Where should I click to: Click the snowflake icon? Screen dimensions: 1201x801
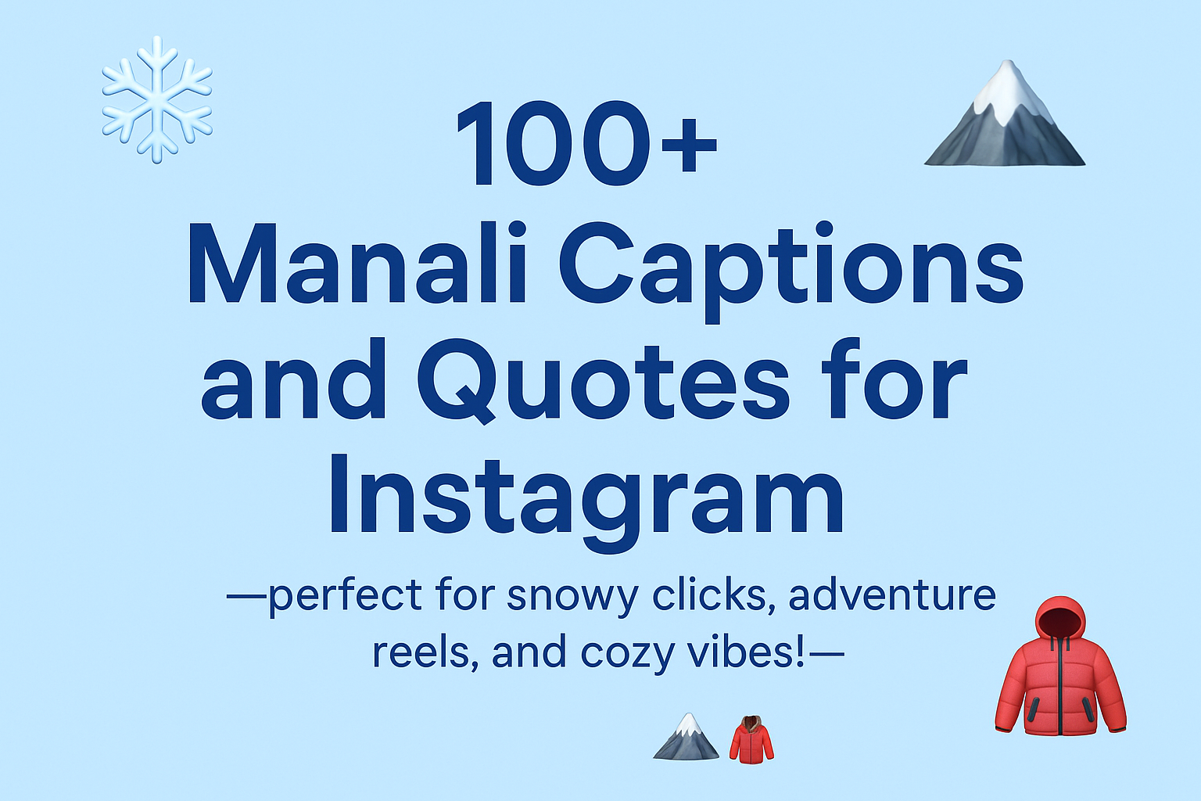tap(157, 100)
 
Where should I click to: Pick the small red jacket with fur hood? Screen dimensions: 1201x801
tap(751, 738)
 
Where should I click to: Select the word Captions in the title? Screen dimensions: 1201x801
tap(791, 271)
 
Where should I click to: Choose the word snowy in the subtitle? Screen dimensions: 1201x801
tap(573, 597)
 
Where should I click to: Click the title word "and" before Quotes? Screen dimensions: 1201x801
tap(293, 380)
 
